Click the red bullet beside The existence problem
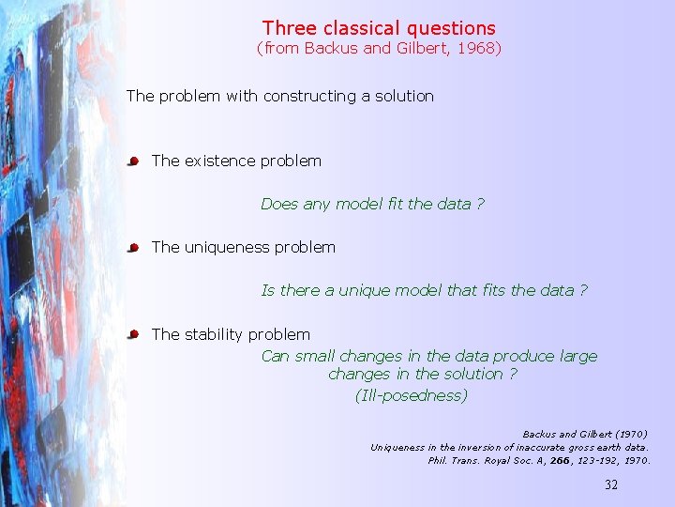[133, 161]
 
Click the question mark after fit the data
[480, 204]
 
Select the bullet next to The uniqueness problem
[133, 248]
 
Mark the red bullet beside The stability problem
[133, 334]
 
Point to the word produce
[523, 356]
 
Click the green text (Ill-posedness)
[411, 395]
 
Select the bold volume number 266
[560, 461]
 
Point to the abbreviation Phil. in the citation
[438, 461]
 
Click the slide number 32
[610, 485]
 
